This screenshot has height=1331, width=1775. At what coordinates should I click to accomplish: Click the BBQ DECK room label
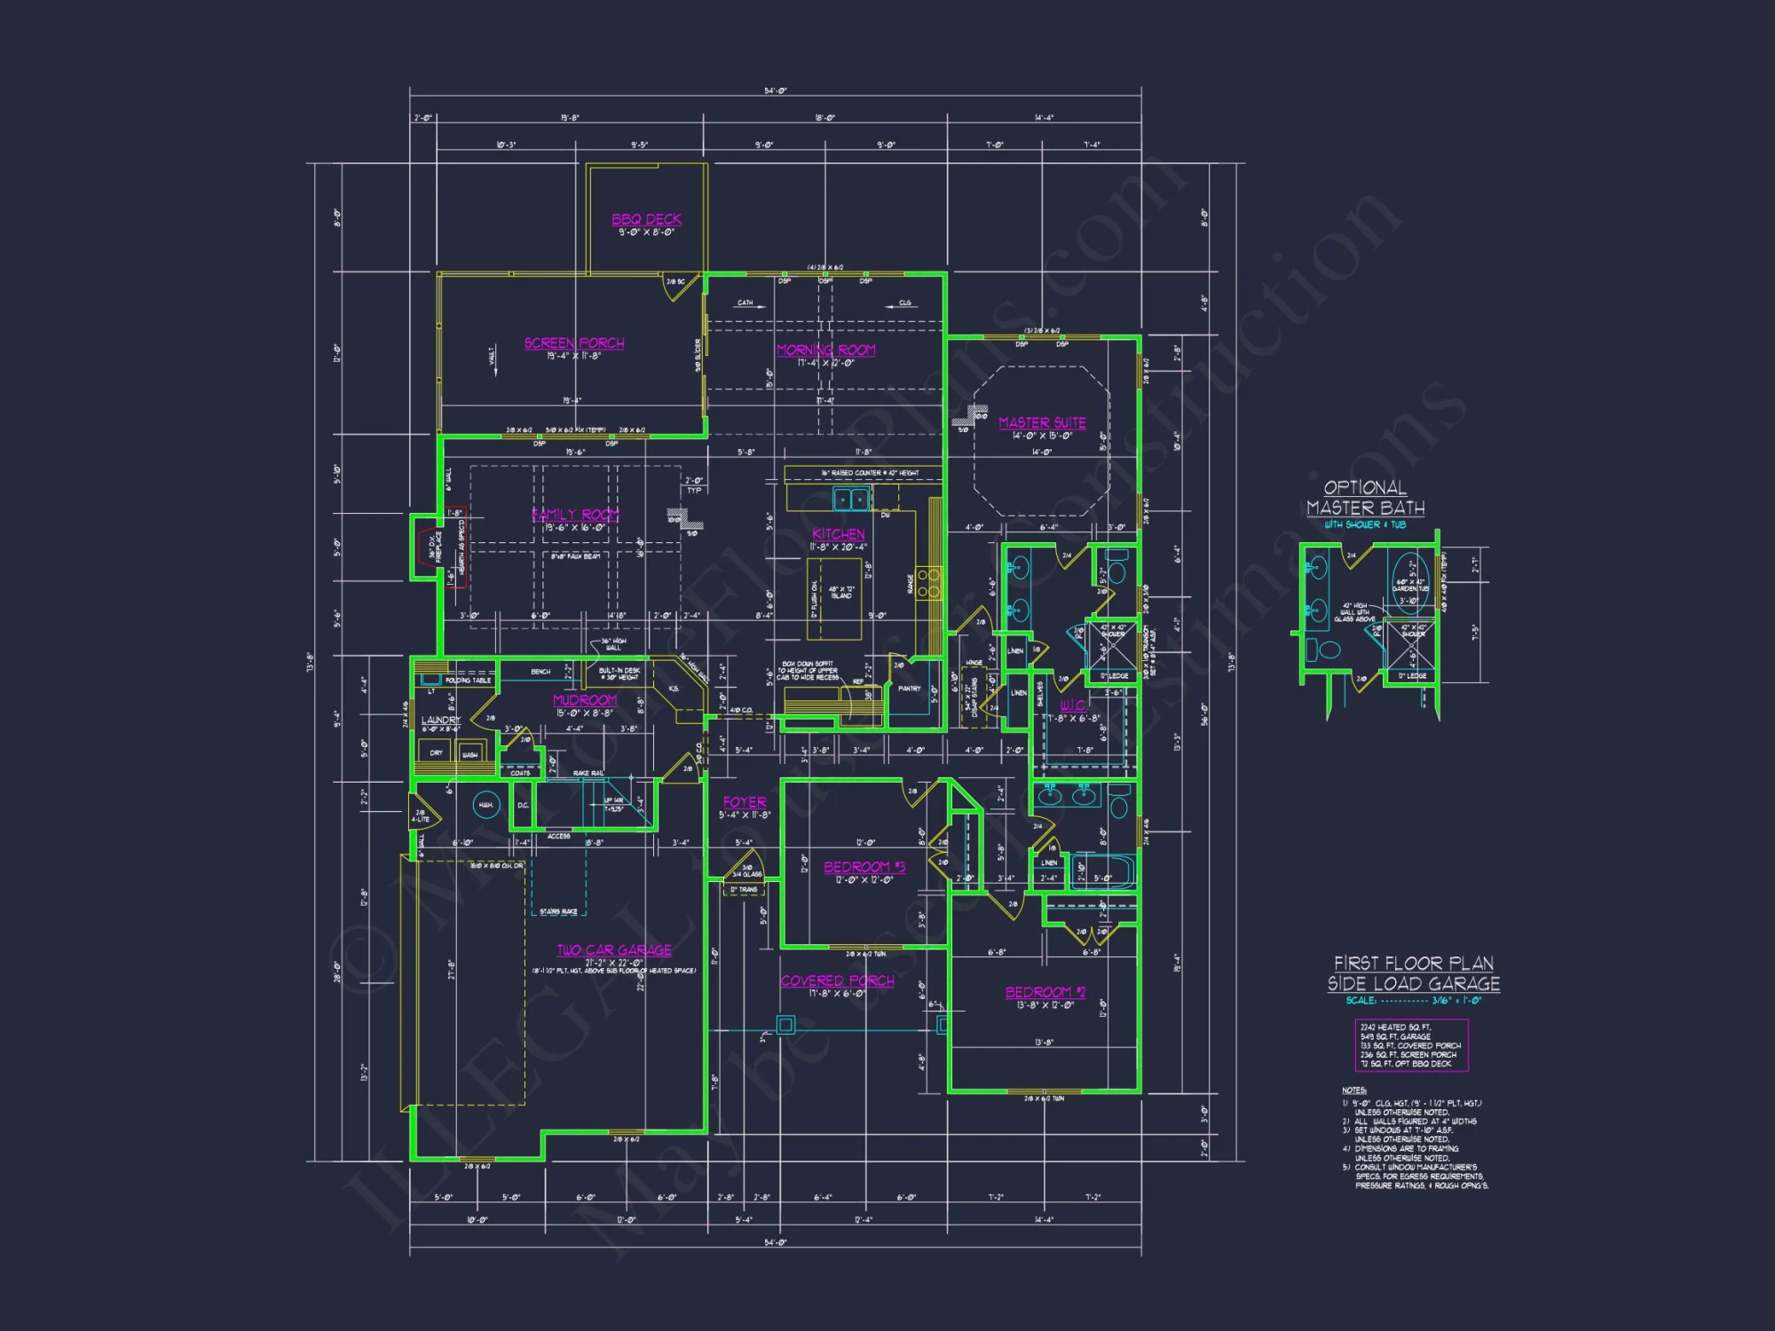pos(646,219)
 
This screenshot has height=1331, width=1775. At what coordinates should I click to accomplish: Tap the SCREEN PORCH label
pos(573,343)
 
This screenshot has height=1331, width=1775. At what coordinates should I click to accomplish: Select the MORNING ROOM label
pos(825,350)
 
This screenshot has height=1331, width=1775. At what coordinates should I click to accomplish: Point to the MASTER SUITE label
pos(1042,423)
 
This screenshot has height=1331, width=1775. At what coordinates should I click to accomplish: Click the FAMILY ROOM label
pos(575,515)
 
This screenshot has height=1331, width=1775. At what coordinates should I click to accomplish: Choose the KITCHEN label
pos(838,534)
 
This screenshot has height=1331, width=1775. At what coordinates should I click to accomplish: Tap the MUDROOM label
pos(584,700)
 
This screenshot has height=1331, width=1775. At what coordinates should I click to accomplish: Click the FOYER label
pos(744,802)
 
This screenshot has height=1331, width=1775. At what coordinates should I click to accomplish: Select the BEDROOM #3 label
pos(864,867)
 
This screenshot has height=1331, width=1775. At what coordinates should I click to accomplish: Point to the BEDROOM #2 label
pos(1045,992)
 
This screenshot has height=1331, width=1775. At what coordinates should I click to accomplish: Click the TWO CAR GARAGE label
pos(614,950)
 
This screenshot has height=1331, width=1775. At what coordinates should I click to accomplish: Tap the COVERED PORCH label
pos(837,981)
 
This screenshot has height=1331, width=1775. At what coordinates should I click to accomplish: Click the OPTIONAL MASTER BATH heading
pos(1365,498)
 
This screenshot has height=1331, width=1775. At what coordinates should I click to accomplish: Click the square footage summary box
pos(1411,1045)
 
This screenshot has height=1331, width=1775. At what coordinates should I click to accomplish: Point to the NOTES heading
pos(1353,1091)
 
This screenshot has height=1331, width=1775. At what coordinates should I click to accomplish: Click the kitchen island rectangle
pos(833,599)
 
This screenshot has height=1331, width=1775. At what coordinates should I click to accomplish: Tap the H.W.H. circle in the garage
pos(485,806)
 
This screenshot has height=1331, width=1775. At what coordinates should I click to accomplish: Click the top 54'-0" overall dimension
pos(775,91)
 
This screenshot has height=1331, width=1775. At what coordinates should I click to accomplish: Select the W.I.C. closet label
pos(1072,705)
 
